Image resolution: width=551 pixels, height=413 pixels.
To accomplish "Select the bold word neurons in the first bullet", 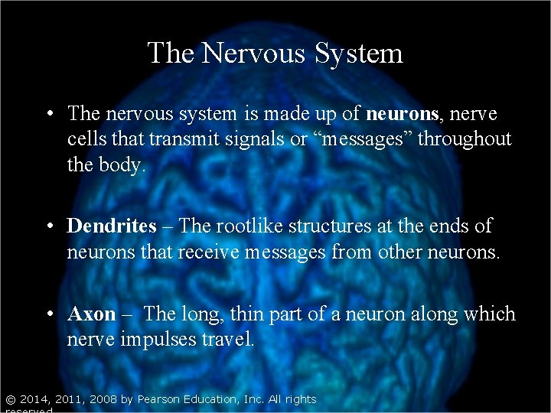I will click(402, 114).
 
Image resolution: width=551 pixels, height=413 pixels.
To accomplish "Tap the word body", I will click(122, 164).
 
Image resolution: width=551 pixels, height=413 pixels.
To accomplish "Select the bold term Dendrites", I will click(112, 226).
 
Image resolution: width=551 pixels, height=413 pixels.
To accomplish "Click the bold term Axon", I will click(91, 314).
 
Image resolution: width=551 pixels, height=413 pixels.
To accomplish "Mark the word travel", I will click(229, 340).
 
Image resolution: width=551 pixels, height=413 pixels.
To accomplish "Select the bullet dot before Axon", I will click(48, 315).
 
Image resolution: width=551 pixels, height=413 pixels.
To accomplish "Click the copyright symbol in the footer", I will click(9, 399).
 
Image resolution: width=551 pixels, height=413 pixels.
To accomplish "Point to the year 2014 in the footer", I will click(34, 399).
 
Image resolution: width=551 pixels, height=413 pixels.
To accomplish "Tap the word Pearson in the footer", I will click(160, 399).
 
